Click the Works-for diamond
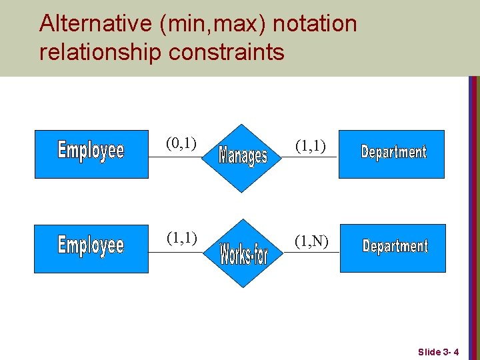(x=243, y=253)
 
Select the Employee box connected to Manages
(x=91, y=154)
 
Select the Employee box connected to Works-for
(x=91, y=248)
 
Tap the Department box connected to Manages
(x=392, y=154)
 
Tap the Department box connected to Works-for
(x=392, y=248)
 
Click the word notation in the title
(x=315, y=24)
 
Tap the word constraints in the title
(x=227, y=52)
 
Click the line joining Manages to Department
(x=313, y=157)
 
